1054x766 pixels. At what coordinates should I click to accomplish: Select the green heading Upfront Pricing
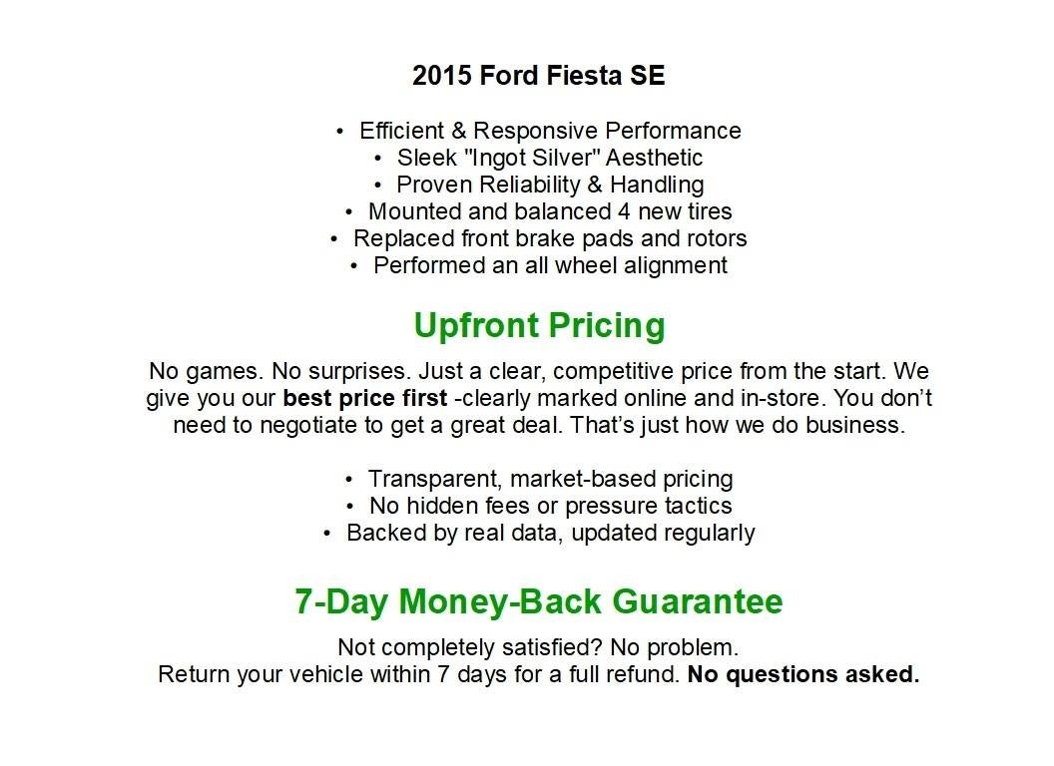tap(539, 325)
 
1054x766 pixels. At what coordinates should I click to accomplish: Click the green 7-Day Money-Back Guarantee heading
tap(539, 601)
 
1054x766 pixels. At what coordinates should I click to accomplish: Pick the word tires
tap(707, 211)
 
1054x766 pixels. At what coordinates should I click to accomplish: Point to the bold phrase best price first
tap(364, 399)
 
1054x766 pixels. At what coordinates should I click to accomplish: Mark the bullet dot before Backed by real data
tap(327, 534)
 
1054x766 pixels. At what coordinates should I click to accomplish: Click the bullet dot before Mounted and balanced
tap(349, 212)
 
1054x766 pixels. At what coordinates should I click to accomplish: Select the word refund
tap(645, 674)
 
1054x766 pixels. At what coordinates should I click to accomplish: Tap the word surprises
tap(360, 372)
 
